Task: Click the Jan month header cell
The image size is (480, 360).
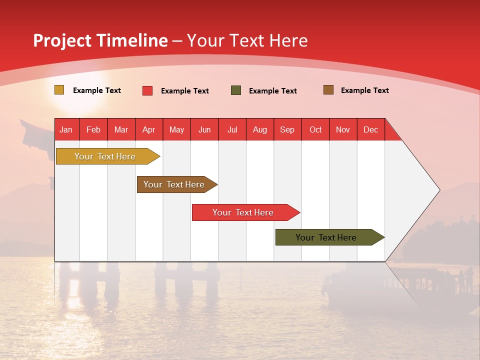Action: [x=66, y=129]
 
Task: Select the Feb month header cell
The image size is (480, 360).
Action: [x=93, y=129]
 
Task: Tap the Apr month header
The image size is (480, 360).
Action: [x=149, y=129]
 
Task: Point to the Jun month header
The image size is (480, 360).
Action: [x=204, y=129]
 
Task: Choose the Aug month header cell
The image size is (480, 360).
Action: [x=260, y=129]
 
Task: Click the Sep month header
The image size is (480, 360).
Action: [x=287, y=129]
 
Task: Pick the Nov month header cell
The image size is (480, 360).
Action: [x=343, y=129]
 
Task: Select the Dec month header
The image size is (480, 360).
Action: [x=370, y=129]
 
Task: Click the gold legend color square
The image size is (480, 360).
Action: [x=59, y=90]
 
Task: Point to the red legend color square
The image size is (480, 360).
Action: [x=147, y=90]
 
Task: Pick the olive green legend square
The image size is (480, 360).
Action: [x=236, y=90]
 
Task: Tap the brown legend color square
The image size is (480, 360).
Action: [x=328, y=90]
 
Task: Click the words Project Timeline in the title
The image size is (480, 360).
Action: [x=100, y=40]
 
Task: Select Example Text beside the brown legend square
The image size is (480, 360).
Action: [x=364, y=90]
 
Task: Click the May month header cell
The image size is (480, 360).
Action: [x=176, y=129]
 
